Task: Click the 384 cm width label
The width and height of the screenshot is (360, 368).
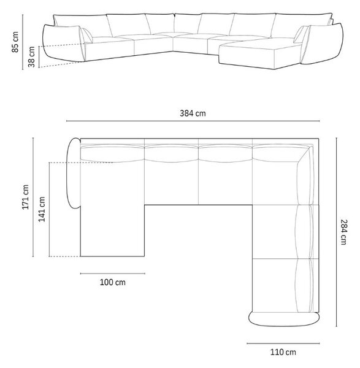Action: click(193, 113)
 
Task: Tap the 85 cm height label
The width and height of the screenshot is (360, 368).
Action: click(15, 42)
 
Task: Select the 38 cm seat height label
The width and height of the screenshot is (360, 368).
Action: click(32, 57)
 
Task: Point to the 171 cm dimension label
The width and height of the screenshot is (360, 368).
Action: click(25, 197)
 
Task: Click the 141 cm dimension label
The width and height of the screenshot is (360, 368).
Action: click(42, 209)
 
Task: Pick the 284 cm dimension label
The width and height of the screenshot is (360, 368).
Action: click(343, 232)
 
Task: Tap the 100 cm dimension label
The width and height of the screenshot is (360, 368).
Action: click(113, 282)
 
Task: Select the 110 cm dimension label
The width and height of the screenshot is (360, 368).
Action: click(283, 352)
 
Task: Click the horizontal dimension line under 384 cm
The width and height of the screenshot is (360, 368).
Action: click(193, 121)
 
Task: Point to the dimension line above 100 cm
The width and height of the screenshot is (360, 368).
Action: click(113, 274)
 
